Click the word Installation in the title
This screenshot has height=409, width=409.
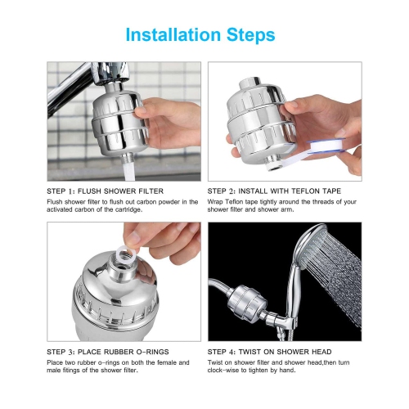click(x=173, y=34)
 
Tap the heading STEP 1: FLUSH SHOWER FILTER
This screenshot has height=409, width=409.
click(x=105, y=191)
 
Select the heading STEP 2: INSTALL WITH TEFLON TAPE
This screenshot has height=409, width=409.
click(x=274, y=191)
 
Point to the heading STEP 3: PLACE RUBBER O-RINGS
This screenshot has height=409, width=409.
click(x=108, y=352)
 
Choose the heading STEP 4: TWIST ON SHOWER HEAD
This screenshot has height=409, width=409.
click(x=269, y=352)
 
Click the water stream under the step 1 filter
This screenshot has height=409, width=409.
click(x=128, y=171)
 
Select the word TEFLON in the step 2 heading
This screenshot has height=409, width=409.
click(x=303, y=191)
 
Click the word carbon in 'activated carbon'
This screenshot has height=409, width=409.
click(x=85, y=209)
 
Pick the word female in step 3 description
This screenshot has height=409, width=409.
click(x=166, y=362)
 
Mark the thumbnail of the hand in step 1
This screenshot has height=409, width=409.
click(x=141, y=110)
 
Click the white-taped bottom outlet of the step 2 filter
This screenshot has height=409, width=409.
click(x=274, y=164)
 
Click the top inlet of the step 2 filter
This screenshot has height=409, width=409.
click(x=249, y=83)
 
